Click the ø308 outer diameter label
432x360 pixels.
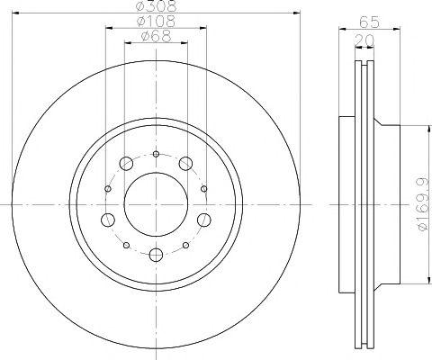pyautogui.click(x=156, y=6)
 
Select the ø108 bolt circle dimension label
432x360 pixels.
pyautogui.click(x=156, y=21)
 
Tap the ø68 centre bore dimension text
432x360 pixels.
pyautogui.click(x=156, y=36)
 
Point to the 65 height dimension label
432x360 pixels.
pyautogui.click(x=370, y=22)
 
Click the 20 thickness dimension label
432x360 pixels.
pyautogui.click(x=364, y=40)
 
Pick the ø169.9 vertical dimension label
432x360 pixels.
pyautogui.click(x=424, y=205)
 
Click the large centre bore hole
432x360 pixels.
pyautogui.click(x=156, y=204)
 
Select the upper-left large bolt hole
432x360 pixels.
pyautogui.click(x=126, y=164)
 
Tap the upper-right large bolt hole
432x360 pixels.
pyautogui.click(x=185, y=164)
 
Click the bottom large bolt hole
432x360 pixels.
pyautogui.click(x=156, y=255)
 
